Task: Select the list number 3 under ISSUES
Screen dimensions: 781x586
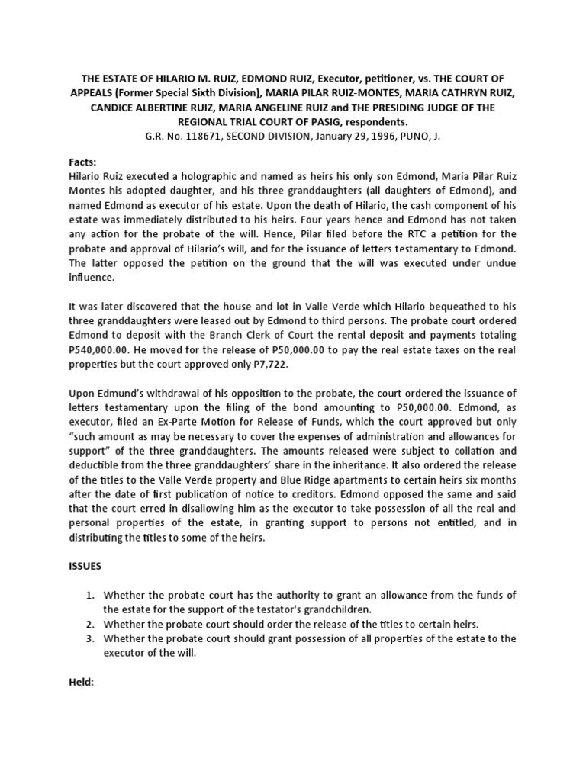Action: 87,638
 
